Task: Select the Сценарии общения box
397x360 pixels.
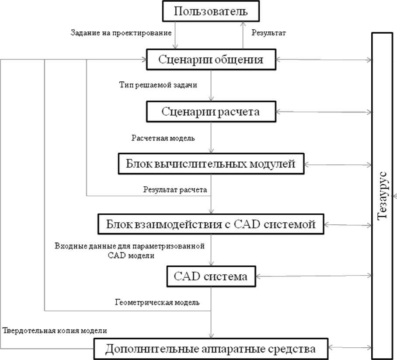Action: pos(211,60)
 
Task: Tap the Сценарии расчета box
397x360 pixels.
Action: pos(211,112)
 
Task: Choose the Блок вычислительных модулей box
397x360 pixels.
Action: pos(211,164)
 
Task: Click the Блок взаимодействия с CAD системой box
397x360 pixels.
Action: pos(211,225)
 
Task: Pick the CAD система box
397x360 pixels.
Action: pos(211,276)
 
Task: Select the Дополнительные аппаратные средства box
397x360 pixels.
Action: pos(211,350)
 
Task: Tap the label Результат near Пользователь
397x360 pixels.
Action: pos(268,33)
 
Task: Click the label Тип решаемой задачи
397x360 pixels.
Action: pos(158,85)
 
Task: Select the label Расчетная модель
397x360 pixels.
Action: pos(163,138)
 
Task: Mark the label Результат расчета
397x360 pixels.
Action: pos(175,190)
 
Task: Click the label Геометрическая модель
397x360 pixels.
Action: pos(157,302)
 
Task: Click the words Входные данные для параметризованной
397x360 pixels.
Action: pos(130,246)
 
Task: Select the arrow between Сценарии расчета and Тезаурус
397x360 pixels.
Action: pos(324,112)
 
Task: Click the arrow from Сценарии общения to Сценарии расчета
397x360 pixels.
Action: pos(211,85)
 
